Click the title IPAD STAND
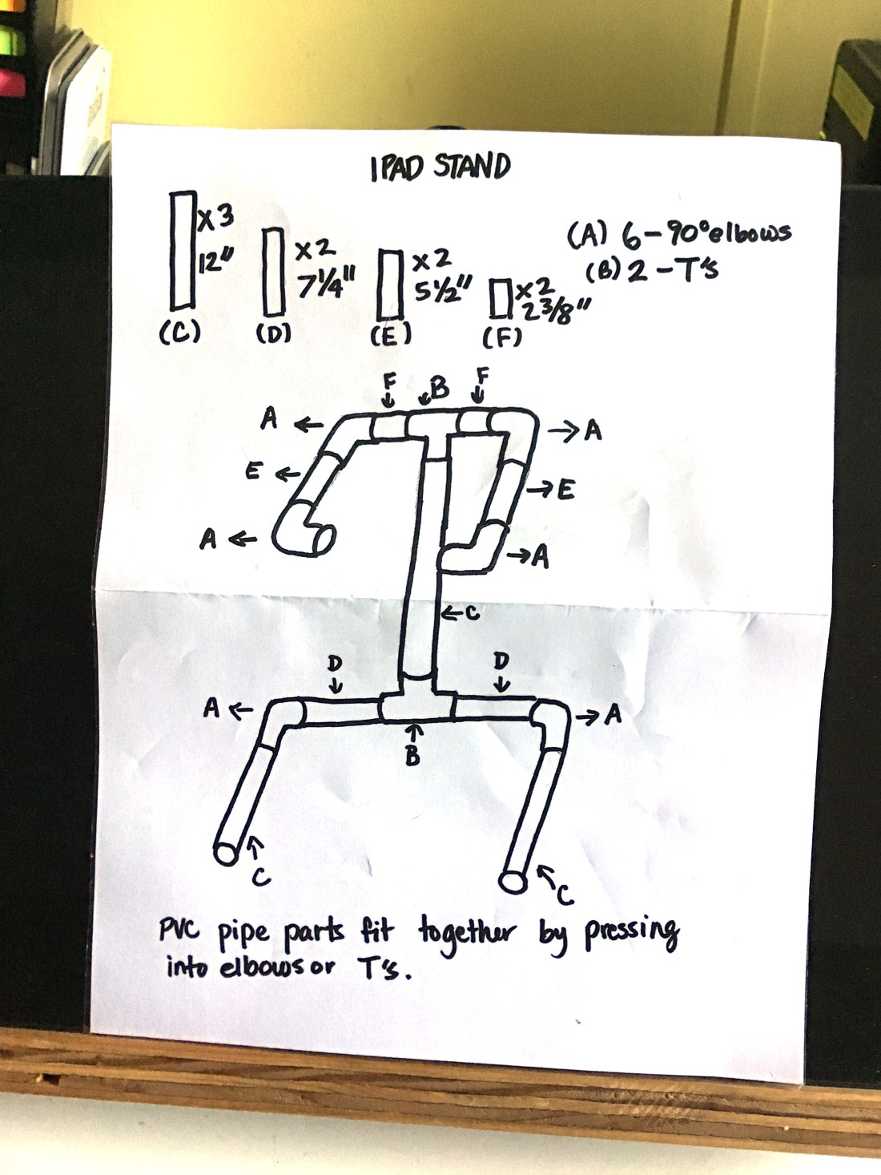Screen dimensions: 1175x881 point(440,167)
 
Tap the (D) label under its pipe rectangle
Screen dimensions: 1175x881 point(272,333)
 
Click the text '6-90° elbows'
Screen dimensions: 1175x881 point(705,234)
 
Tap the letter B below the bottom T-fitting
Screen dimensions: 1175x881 point(412,755)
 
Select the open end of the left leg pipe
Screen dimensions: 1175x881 point(227,853)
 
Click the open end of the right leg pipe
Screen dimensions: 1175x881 point(513,882)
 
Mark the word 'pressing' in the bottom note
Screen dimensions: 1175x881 point(632,932)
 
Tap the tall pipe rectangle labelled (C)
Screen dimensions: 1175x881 point(183,250)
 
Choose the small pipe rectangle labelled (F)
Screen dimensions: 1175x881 point(501,298)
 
